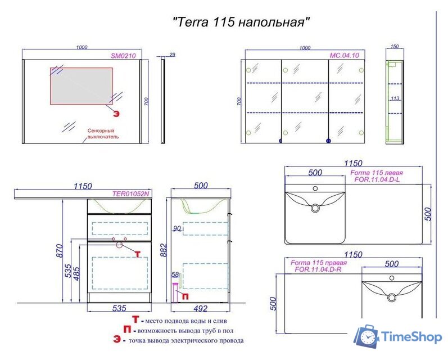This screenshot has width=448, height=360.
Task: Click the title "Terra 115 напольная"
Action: click(241, 22)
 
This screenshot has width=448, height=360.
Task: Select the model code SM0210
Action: click(123, 55)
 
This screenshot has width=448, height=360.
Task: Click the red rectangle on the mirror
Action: click(82, 85)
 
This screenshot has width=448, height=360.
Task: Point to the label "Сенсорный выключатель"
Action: click(103, 133)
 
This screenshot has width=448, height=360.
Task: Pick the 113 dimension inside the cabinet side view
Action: click(395, 98)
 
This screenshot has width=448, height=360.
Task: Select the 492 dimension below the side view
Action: click(200, 308)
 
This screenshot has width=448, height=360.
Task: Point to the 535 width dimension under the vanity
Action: click(119, 308)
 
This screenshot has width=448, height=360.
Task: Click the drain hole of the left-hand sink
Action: click(315, 208)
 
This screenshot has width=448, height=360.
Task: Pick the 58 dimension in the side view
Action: click(175, 274)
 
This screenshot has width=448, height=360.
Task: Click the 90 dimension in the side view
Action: click(177, 228)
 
